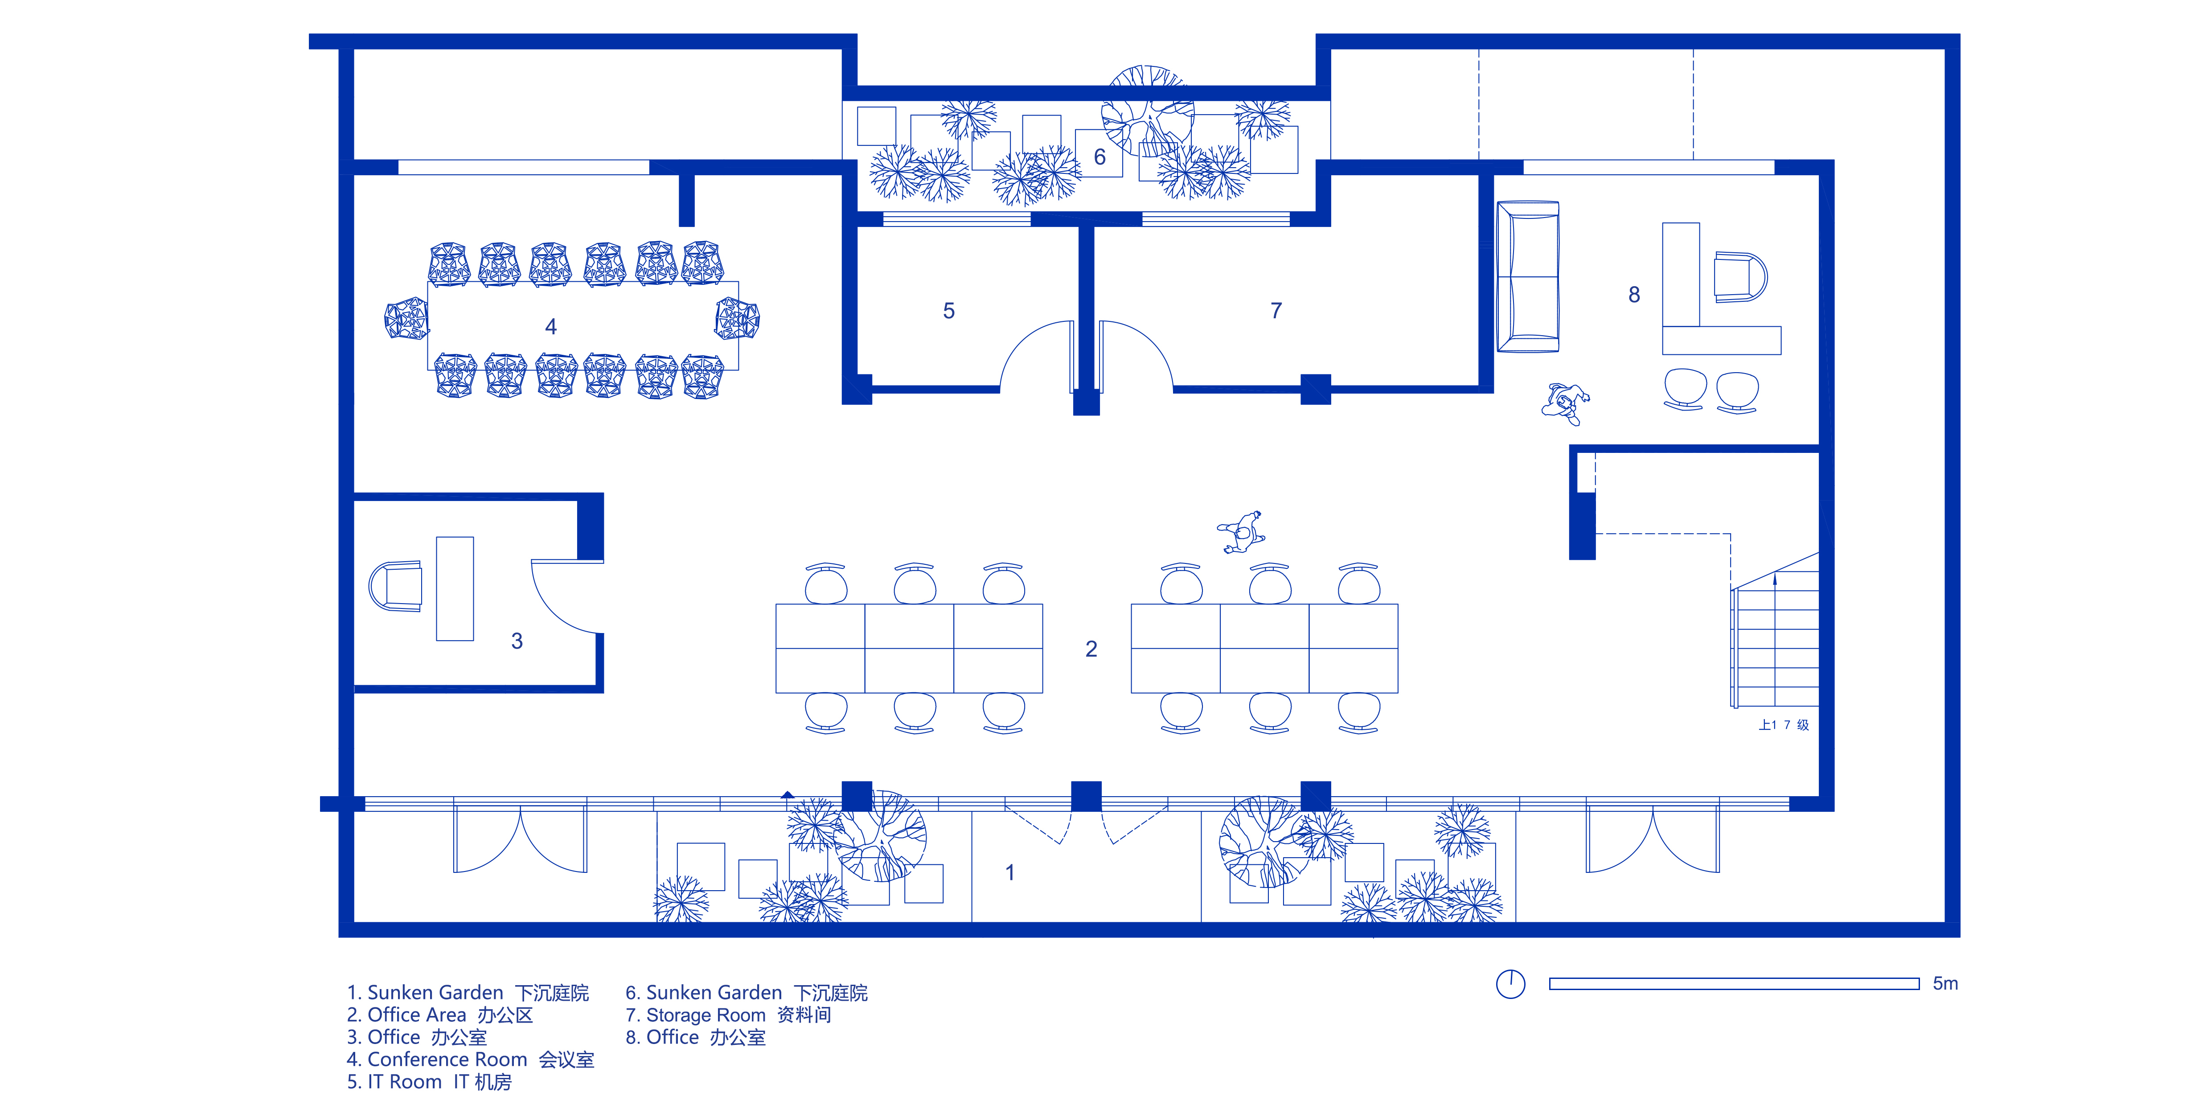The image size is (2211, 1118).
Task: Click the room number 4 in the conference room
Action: tap(551, 326)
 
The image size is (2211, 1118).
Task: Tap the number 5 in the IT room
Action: tap(948, 311)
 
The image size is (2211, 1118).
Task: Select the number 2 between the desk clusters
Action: tap(1091, 649)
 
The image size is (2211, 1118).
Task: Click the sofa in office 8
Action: tap(1528, 276)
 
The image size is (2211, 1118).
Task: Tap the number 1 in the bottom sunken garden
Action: tap(1010, 872)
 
